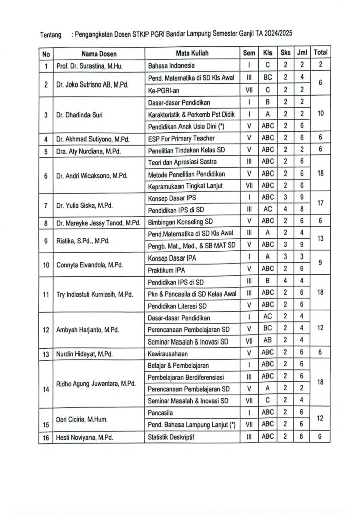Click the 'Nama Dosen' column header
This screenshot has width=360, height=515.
[99, 53]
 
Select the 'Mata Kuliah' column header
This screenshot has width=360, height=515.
[192, 53]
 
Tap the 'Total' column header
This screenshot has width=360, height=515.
[320, 53]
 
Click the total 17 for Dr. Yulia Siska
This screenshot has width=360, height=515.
[320, 203]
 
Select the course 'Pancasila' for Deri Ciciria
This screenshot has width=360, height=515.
[160, 412]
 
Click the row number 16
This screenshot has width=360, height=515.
[46, 437]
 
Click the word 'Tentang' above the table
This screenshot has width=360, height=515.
[51, 35]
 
